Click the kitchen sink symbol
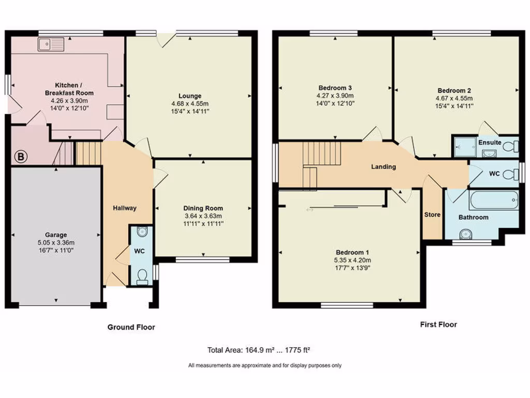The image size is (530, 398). pyautogui.click(x=50, y=45)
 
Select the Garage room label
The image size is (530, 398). pyautogui.click(x=55, y=235)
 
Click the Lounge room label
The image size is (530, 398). pyautogui.click(x=190, y=96)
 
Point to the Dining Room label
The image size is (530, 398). pyautogui.click(x=203, y=208)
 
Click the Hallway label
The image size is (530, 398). pyautogui.click(x=125, y=208)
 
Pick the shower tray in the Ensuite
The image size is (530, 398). pyautogui.click(x=465, y=146)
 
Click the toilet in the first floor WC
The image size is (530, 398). pyautogui.click(x=510, y=173)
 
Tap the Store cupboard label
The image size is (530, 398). pyautogui.click(x=432, y=215)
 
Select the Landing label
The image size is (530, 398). pyautogui.click(x=384, y=167)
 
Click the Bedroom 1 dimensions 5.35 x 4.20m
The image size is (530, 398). pyautogui.click(x=352, y=261)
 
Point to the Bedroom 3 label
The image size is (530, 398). pyautogui.click(x=335, y=88)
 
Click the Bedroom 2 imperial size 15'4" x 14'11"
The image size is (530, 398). pyautogui.click(x=454, y=106)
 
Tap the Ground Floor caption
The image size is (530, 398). pyautogui.click(x=131, y=327)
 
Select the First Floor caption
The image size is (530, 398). pyautogui.click(x=438, y=324)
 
